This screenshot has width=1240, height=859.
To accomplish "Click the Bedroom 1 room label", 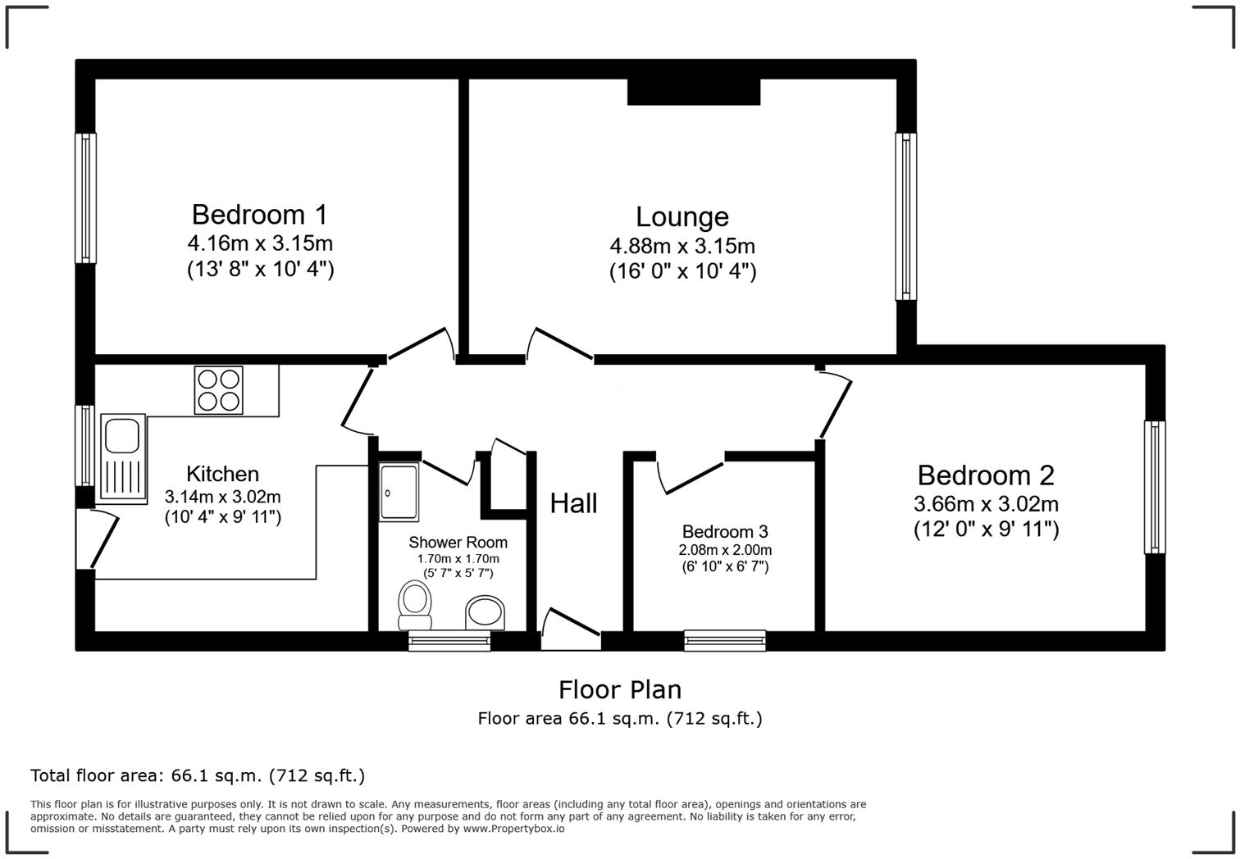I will pos(259,215).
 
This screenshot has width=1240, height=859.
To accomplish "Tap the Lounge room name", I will pos(682,217).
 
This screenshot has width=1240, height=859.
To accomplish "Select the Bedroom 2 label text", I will pos(985,475).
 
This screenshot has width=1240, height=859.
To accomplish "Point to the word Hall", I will pos(573,503).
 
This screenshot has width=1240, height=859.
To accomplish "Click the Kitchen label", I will pos(222,474).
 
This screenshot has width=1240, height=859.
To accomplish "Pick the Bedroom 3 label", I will pos(724,532).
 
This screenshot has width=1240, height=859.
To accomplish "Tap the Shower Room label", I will pos(458,543).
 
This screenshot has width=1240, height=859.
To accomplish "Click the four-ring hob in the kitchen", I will pos(219,389).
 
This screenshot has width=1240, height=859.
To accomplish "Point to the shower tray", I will pos(399,492).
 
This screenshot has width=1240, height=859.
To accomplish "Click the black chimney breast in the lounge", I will pos(693,92).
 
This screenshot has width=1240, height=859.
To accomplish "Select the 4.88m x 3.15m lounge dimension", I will pos(682,246).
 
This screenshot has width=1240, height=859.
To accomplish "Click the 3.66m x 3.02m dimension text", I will pos(986,504).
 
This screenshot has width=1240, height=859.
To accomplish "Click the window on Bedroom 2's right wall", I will pos(1154,487).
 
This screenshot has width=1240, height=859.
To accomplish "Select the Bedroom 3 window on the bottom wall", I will pos(725,639).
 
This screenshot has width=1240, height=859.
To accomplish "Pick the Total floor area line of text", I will pos(197,775).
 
